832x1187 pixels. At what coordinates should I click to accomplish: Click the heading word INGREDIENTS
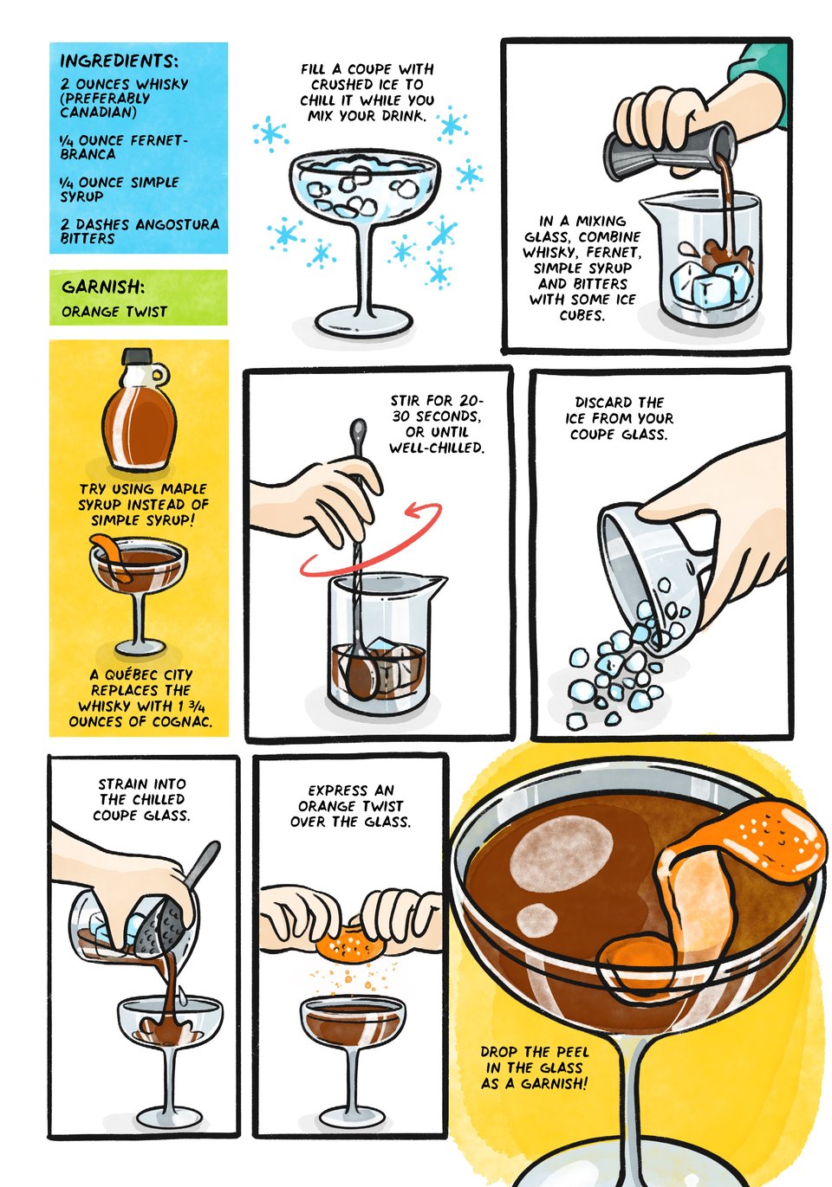[119, 61]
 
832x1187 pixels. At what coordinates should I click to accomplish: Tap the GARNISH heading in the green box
[102, 287]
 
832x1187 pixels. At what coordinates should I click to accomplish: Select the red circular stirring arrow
[373, 541]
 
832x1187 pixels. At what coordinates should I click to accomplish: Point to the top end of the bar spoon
[357, 427]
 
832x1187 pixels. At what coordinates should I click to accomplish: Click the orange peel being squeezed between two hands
[349, 943]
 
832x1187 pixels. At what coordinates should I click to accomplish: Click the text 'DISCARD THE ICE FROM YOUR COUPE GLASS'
[619, 418]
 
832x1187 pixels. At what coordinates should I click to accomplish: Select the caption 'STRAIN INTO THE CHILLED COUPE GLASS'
[142, 799]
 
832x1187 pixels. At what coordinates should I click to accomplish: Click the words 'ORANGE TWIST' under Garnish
[114, 312]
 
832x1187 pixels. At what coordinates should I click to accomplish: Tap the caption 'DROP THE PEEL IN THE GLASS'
[535, 1068]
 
